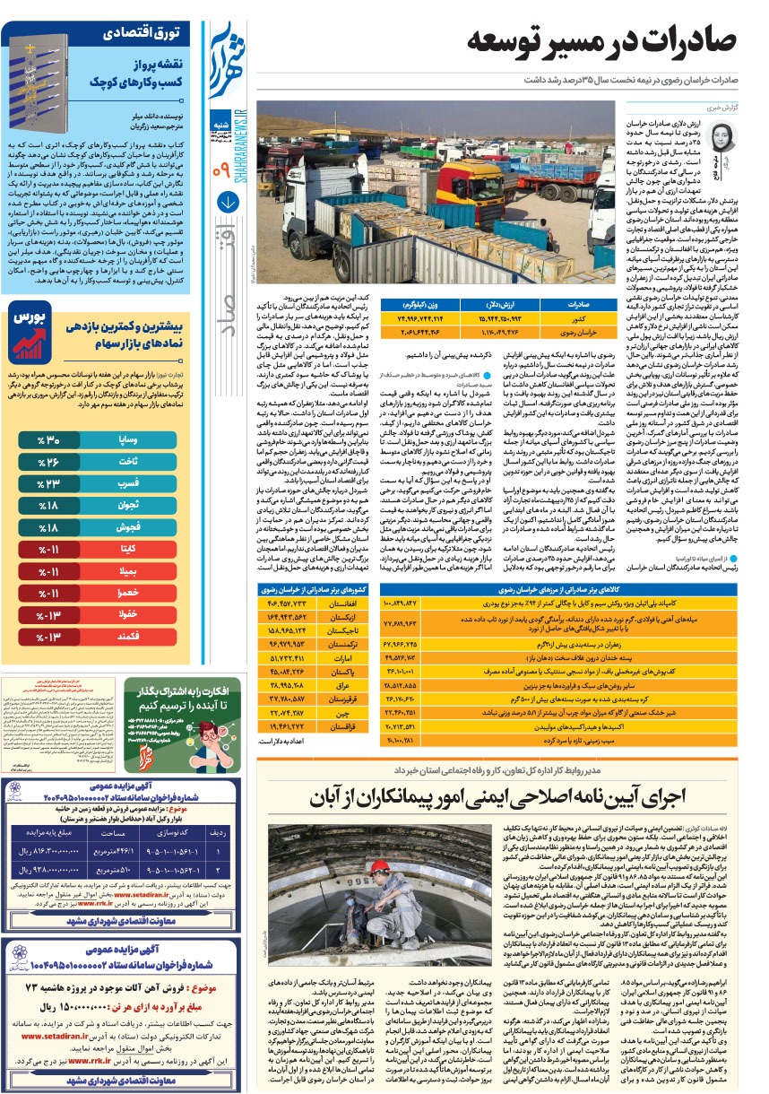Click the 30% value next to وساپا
pos(47,440)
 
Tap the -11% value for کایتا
pos(47,548)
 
